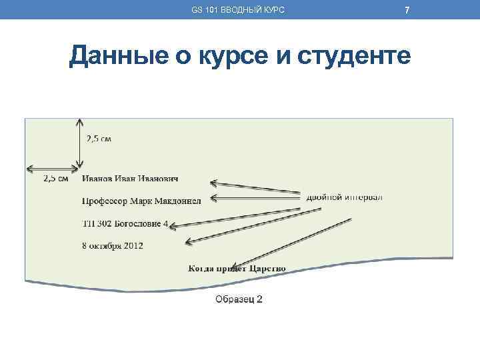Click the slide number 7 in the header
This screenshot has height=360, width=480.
pos(407,9)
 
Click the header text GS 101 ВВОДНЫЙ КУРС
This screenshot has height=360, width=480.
pos(237,9)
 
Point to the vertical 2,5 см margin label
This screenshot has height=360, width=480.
pos(99,139)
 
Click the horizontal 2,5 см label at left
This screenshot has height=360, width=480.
pos(55,179)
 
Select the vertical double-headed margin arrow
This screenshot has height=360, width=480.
pos(80,143)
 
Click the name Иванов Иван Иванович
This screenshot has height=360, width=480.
pos(130,179)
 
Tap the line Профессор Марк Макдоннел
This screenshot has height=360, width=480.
pos(140,201)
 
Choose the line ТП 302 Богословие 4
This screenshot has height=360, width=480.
pos(125,224)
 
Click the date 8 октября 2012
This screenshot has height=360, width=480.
pos(113,245)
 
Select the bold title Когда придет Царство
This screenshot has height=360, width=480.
pos(237,269)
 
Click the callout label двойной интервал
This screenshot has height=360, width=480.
pos(344,197)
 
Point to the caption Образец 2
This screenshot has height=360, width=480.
pos(239,299)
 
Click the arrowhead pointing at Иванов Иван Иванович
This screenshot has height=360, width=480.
pos(214,181)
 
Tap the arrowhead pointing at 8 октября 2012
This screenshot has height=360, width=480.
pos(189,241)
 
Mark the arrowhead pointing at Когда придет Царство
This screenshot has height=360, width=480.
pos(237,263)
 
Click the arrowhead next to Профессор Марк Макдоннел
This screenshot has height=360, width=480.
pos(214,197)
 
